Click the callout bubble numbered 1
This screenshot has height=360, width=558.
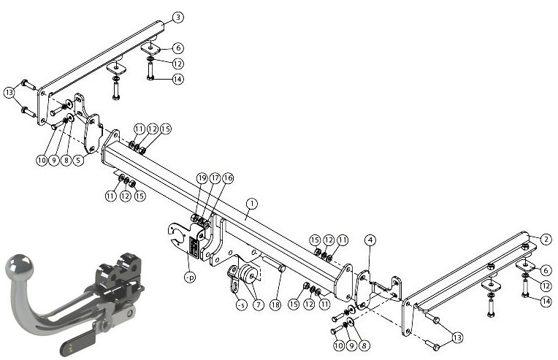click(251, 204)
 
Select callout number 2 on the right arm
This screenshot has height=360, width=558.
click(546, 240)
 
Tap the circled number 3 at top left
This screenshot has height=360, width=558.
click(178, 17)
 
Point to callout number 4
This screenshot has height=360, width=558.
click(370, 240)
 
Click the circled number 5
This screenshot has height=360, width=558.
click(79, 160)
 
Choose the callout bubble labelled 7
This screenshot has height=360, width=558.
click(258, 305)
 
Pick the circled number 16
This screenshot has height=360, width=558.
click(228, 178)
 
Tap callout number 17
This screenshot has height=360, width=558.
click(215, 178)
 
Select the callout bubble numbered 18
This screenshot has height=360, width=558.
click(275, 305)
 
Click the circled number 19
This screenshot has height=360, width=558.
click(202, 178)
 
